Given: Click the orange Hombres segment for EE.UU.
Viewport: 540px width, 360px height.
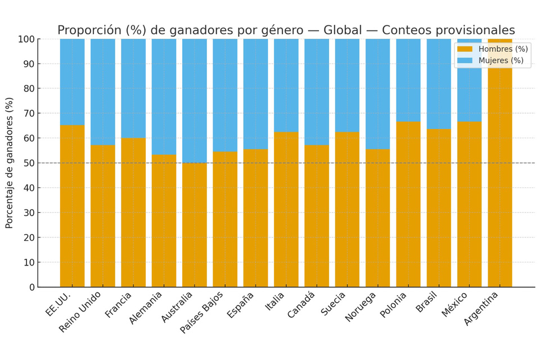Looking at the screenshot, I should pos(72,205).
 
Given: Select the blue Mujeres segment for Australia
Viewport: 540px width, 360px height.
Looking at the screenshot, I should pos(194,101).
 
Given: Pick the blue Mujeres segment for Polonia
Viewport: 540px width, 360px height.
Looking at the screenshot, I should pos(408,80).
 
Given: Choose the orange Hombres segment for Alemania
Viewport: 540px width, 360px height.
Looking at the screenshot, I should pos(164,220).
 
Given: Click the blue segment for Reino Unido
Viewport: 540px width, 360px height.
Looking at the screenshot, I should pos(102,92).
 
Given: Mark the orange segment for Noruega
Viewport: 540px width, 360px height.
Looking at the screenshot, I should pos(377,218).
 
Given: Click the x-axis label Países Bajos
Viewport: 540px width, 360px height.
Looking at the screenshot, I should pos(202,312).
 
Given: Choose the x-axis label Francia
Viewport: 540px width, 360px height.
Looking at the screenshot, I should pos(119,304).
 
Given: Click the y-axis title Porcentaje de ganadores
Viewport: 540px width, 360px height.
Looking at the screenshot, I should pos(10,163).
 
